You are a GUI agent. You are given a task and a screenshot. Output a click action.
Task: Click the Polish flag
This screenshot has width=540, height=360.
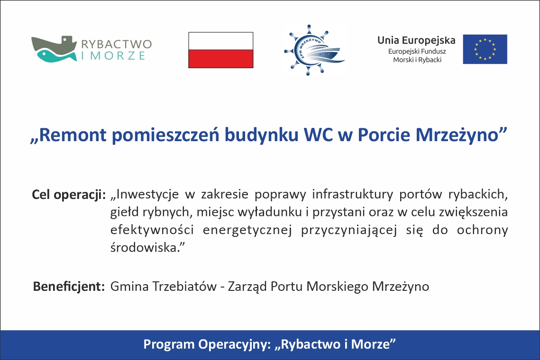pyautogui.click(x=221, y=50)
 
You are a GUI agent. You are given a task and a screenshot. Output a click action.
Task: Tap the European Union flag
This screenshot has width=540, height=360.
pyautogui.click(x=485, y=49)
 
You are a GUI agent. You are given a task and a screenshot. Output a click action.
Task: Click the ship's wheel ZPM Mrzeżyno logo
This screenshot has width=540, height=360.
pyautogui.click(x=314, y=50)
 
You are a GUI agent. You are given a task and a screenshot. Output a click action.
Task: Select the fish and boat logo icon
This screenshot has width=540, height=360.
pyautogui.click(x=54, y=49)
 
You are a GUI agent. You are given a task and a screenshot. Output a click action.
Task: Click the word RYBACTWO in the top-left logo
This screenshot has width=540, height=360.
pyautogui.click(x=117, y=44)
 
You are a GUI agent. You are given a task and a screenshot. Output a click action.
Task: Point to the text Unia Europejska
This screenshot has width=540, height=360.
pyautogui.click(x=416, y=40)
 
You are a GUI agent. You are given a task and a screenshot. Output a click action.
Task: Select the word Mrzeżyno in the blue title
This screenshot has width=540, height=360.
pyautogui.click(x=461, y=135)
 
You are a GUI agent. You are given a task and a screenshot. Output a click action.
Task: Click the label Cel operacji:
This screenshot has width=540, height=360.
pyautogui.click(x=69, y=195)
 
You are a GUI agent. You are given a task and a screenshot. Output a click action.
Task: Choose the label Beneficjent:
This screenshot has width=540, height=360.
pyautogui.click(x=69, y=287)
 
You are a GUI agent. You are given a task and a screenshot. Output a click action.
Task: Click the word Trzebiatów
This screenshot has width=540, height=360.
pyautogui.click(x=184, y=287)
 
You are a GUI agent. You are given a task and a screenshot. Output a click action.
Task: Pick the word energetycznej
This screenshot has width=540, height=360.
pyautogui.click(x=247, y=230)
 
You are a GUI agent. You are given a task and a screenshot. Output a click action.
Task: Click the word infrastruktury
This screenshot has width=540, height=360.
pyautogui.click(x=353, y=195)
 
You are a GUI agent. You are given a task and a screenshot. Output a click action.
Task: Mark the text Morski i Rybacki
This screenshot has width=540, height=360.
pyautogui.click(x=417, y=60)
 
